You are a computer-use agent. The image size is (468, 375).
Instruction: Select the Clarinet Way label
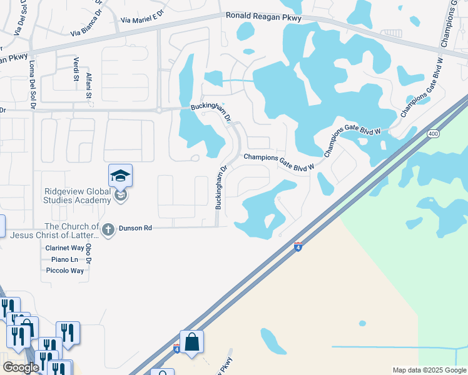pos(65,248)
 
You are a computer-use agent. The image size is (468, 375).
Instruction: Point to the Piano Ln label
pos(64,259)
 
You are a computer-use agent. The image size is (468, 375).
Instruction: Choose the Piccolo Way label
pos(65,271)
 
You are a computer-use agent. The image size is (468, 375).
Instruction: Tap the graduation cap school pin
pos(120,176)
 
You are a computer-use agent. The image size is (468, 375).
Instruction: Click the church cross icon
pos(108,230)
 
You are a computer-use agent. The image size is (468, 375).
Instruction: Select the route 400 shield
pos(433,134)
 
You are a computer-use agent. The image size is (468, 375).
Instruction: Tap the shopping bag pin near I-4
pos(191,342)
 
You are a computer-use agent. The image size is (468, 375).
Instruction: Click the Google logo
pos(21,367)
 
